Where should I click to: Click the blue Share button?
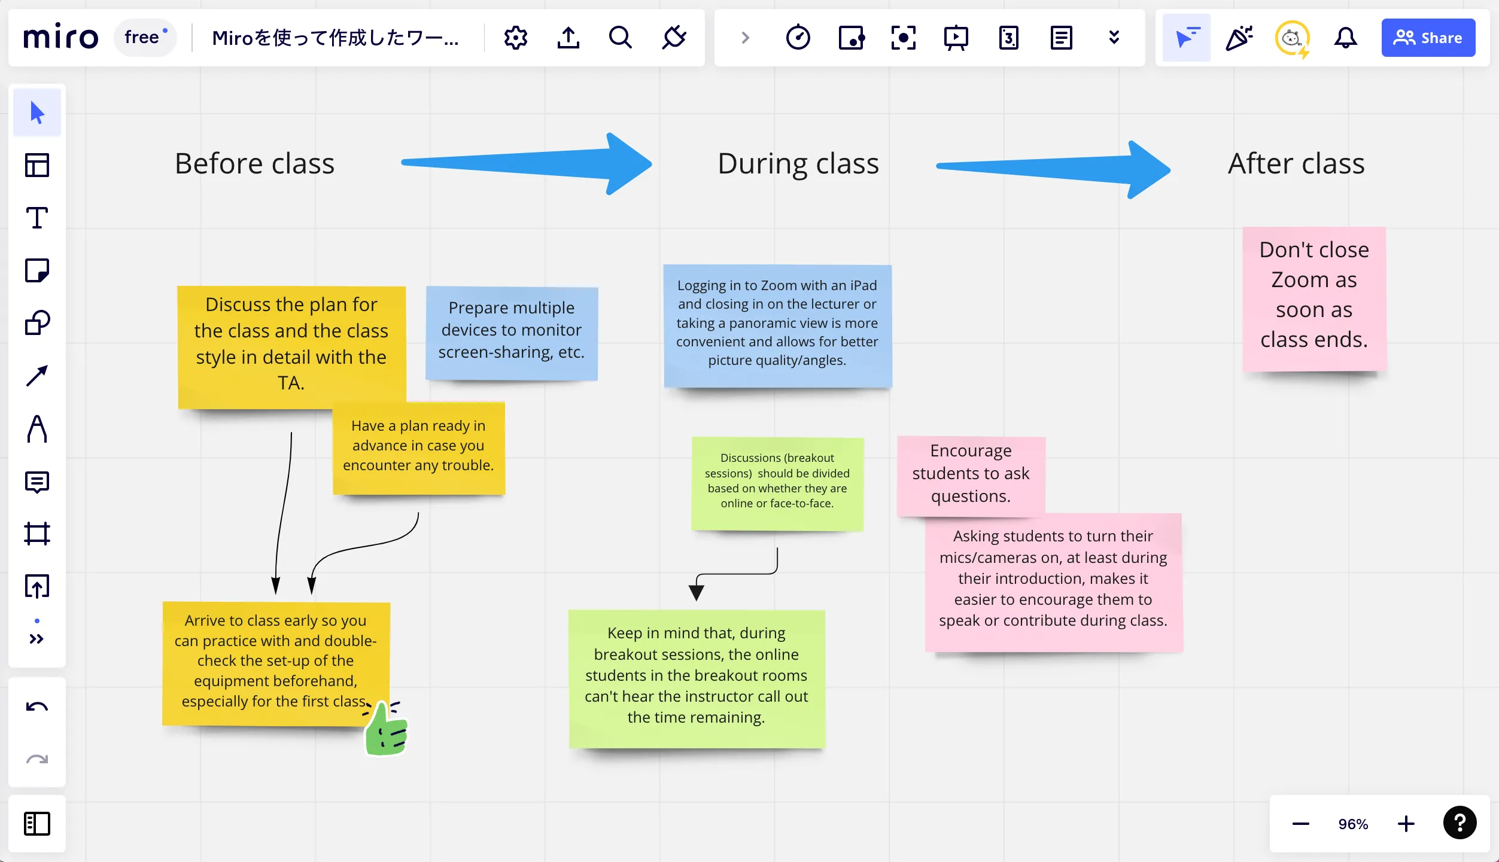click(1428, 38)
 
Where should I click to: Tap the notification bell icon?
click(1345, 38)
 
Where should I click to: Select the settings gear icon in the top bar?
click(515, 38)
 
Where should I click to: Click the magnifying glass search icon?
click(620, 38)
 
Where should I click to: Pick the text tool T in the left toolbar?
click(37, 218)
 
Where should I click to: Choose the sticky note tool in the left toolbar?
click(37, 270)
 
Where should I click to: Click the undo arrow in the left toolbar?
click(37, 707)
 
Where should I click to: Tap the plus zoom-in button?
click(1406, 824)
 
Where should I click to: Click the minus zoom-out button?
click(1300, 824)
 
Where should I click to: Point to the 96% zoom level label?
click(1353, 824)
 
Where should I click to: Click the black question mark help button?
click(1460, 823)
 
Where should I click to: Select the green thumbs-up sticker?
click(387, 729)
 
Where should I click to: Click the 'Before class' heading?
click(255, 163)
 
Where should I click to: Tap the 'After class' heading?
click(1296, 163)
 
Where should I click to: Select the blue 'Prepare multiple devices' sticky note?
click(512, 332)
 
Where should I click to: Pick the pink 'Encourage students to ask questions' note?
click(971, 474)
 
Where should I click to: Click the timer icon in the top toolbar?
click(798, 38)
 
